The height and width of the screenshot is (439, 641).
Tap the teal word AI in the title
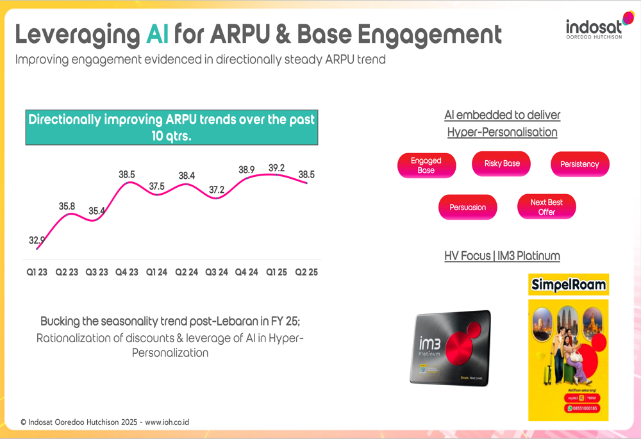(157, 33)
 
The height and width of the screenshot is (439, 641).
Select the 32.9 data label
(37, 240)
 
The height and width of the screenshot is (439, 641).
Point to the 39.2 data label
(277, 168)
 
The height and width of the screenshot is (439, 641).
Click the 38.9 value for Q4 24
(247, 170)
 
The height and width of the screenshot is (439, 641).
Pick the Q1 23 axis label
(37, 272)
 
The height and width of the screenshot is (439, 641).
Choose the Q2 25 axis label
(306, 272)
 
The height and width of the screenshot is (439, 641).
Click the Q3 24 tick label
(216, 272)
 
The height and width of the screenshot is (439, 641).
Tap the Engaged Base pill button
(426, 165)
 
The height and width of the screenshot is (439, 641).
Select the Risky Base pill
(502, 163)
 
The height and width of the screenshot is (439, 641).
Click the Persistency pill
(579, 164)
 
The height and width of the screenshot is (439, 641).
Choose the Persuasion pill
(467, 207)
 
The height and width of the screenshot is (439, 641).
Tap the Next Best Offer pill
(546, 207)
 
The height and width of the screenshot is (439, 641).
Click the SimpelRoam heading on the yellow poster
(569, 285)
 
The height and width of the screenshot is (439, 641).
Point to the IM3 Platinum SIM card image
(450, 348)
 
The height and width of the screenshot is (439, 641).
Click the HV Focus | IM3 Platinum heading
(502, 256)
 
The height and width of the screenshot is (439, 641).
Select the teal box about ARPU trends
(171, 127)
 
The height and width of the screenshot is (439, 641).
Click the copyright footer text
(104, 422)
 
